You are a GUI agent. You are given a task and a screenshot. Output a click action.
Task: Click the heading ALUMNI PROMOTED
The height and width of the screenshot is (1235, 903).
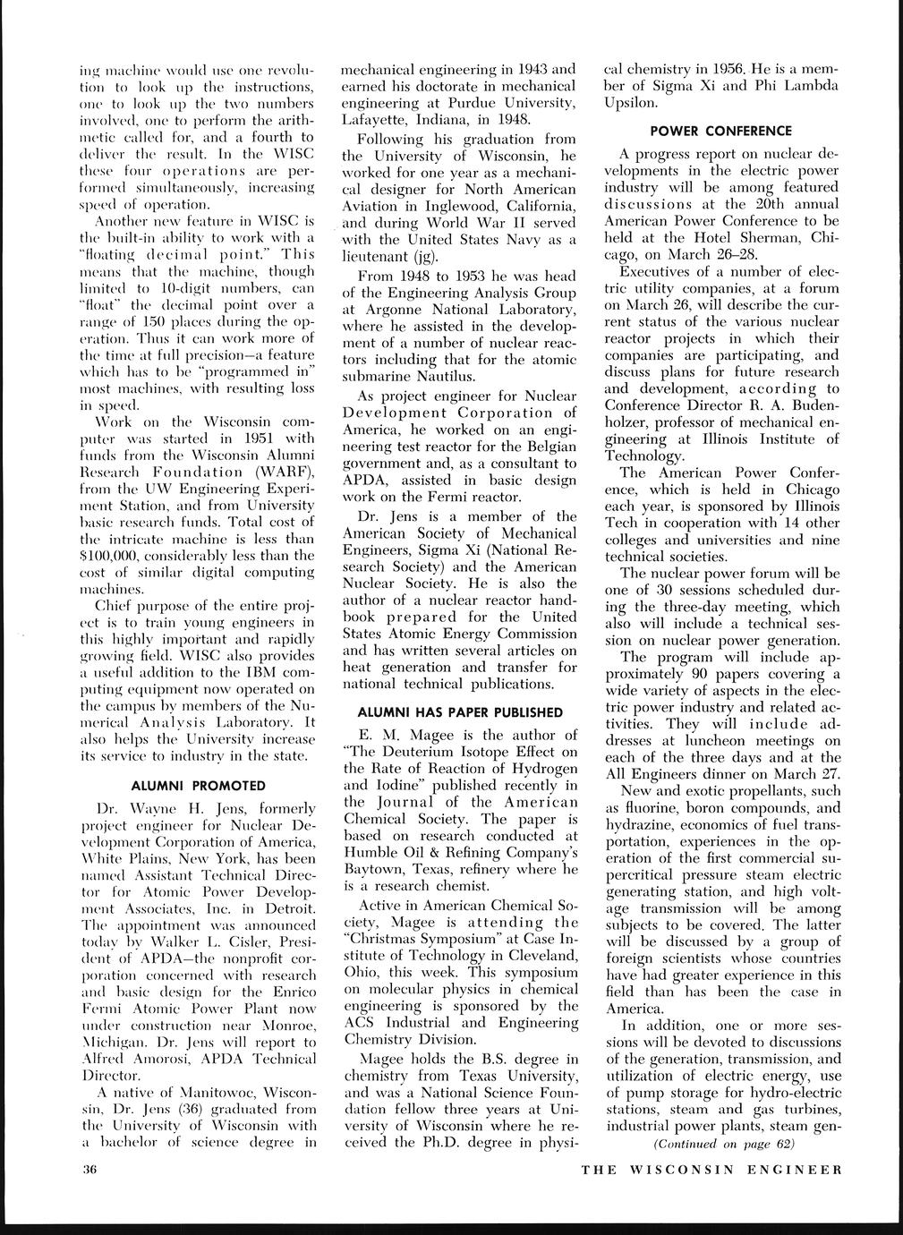click(199, 786)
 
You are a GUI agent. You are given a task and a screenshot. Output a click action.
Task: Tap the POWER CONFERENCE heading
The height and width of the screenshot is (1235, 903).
click(721, 131)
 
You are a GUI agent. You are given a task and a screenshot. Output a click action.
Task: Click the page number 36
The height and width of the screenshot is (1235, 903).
click(89, 1169)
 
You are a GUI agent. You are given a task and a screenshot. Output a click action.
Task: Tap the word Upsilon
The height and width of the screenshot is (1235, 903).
click(632, 103)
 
